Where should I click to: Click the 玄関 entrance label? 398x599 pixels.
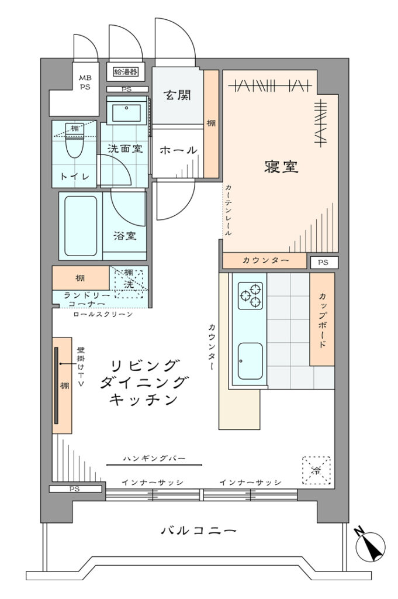(177, 95)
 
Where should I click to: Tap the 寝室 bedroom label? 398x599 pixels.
(281, 167)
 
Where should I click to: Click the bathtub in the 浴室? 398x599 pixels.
(81, 226)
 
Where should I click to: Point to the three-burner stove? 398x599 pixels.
(250, 295)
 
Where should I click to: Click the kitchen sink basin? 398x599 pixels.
(250, 361)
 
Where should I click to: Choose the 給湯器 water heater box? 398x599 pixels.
(126, 71)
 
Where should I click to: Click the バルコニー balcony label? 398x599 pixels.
(199, 530)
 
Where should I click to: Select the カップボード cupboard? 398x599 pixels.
(322, 319)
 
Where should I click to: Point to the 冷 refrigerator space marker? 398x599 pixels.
(316, 470)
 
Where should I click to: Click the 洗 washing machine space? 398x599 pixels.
(129, 284)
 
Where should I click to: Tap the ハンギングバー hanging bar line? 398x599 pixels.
(154, 464)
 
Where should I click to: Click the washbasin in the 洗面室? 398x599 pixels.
(126, 112)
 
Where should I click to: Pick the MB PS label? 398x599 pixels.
(85, 82)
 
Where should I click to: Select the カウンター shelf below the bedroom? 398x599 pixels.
(264, 260)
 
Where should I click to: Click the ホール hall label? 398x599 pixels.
(178, 150)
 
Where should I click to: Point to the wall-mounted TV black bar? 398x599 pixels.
(56, 385)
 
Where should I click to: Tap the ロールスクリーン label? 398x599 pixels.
(103, 314)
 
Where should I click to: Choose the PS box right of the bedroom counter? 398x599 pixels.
(323, 262)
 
